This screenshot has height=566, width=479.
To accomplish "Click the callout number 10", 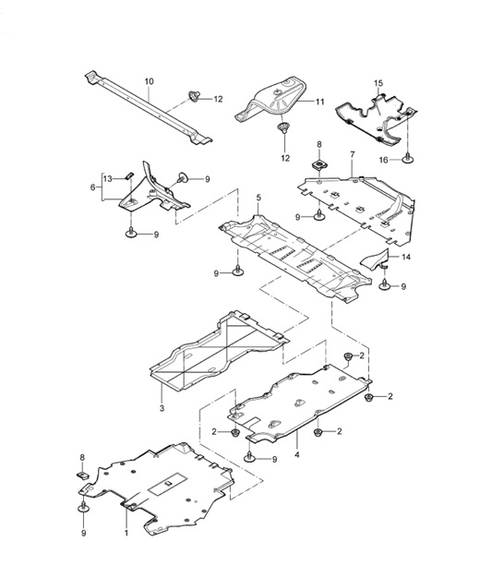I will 149,82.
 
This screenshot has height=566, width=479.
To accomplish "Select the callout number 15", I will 377,84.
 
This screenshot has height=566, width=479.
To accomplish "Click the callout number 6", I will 92,187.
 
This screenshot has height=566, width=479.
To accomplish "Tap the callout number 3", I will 161,408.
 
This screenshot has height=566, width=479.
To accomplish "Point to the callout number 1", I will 126,534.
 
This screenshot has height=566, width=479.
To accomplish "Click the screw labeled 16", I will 407,158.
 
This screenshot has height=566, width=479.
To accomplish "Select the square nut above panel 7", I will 318,164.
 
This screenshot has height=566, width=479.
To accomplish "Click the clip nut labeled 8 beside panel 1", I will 81,476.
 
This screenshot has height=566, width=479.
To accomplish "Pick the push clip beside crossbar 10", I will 194,95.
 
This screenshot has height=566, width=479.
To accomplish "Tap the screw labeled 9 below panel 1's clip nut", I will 84,507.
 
